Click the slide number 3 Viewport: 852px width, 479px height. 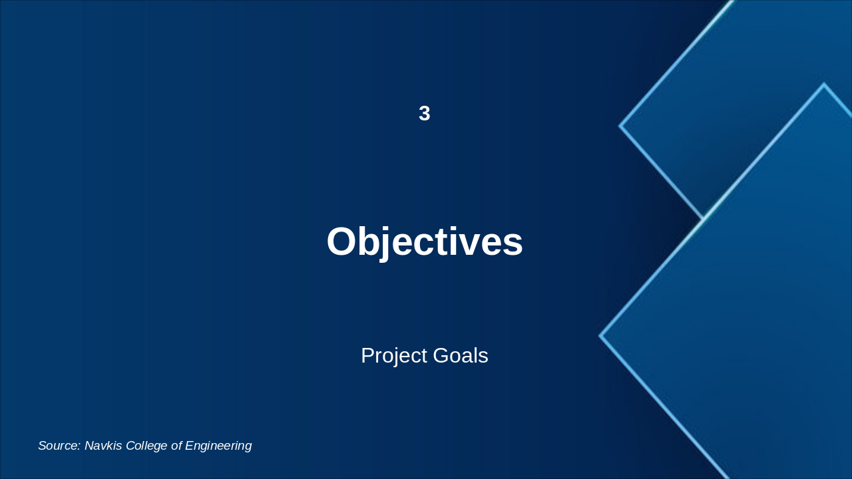(425, 114)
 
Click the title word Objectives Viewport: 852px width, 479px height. (425, 241)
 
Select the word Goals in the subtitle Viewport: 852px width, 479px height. (461, 356)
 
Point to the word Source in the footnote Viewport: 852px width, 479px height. (59, 446)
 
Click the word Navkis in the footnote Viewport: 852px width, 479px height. (103, 446)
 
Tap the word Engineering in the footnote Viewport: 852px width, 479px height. (218, 446)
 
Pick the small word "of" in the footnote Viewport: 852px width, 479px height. (176, 446)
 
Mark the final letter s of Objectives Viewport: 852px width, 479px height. (513, 243)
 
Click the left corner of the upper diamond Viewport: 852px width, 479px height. (620, 125)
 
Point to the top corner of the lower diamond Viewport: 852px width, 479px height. (823, 84)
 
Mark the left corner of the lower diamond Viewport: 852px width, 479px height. (600, 336)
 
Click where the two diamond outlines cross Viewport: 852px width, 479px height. (704, 218)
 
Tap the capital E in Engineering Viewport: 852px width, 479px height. (190, 446)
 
